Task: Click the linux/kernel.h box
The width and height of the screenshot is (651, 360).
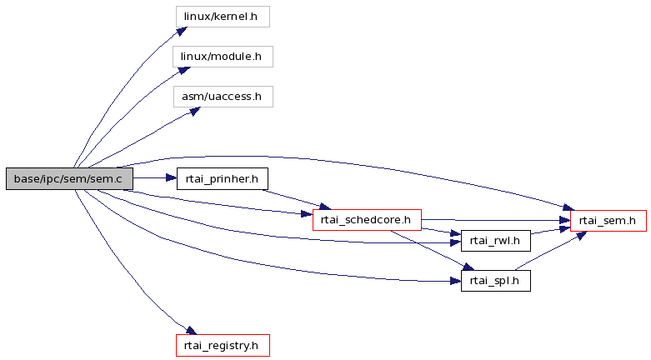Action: click(x=223, y=17)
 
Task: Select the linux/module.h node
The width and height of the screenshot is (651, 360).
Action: click(x=223, y=57)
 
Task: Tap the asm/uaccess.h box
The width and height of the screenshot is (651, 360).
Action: click(x=223, y=97)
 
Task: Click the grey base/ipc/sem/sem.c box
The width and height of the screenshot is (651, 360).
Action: click(x=69, y=179)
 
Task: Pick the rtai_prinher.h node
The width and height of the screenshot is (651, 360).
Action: click(x=223, y=179)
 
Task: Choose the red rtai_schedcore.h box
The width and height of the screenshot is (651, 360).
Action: click(x=367, y=220)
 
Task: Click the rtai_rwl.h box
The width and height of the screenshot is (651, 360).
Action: click(x=496, y=241)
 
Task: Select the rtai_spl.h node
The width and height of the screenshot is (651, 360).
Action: click(x=496, y=281)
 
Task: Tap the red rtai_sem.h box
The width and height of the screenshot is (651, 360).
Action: click(x=608, y=221)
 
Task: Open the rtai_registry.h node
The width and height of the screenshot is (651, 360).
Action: click(x=223, y=346)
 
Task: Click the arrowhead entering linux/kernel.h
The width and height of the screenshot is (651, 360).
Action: click(x=182, y=31)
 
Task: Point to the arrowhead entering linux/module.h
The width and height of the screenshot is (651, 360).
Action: click(x=185, y=71)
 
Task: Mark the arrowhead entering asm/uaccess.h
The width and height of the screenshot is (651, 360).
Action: click(x=195, y=111)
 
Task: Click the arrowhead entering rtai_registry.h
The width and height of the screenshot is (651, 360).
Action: click(x=191, y=331)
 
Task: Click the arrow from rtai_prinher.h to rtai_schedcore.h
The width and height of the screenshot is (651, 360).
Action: click(x=297, y=199)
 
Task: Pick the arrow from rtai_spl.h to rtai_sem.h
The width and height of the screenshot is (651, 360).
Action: click(x=550, y=251)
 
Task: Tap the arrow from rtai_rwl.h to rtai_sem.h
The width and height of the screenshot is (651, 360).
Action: click(x=550, y=231)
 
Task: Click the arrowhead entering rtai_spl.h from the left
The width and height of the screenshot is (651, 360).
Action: click(x=455, y=282)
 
